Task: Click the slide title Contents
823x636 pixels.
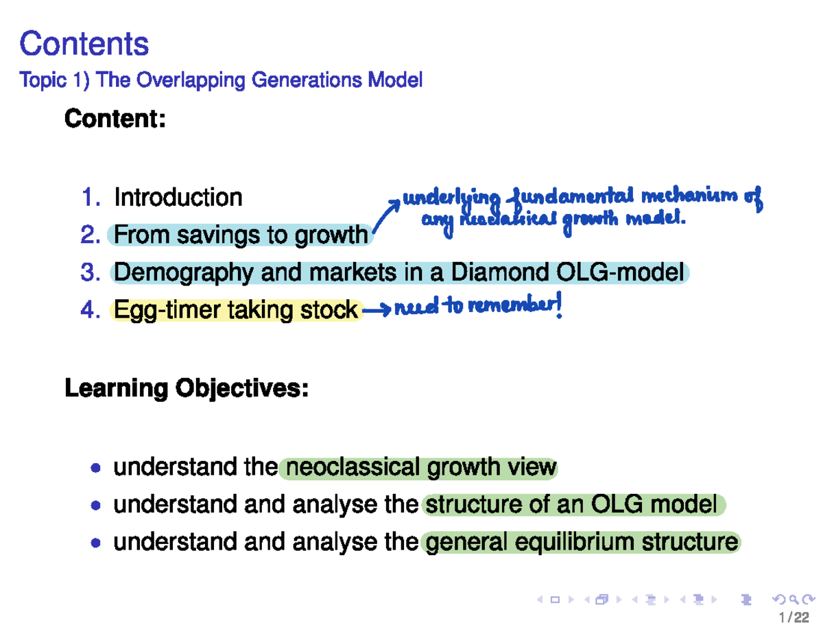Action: coord(84,45)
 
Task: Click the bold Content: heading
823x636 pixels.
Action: coord(115,119)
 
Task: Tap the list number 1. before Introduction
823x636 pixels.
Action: coord(92,198)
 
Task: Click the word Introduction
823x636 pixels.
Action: coord(178,198)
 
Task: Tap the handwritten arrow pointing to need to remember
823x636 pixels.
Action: coord(377,311)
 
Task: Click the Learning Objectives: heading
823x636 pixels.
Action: coord(186,389)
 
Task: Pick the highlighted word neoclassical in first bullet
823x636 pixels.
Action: coord(353,468)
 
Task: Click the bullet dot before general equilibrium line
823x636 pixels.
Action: coord(97,543)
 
